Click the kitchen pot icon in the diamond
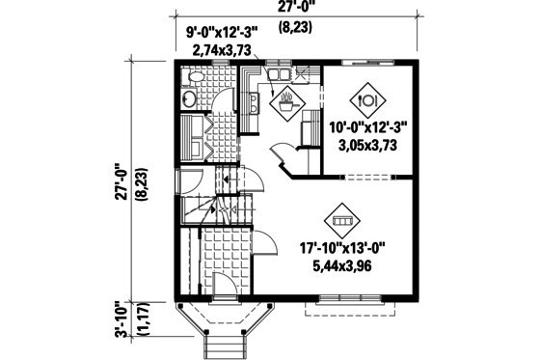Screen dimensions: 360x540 coord(287,97)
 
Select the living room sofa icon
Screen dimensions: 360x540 coord(341,221)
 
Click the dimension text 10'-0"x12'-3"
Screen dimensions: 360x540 coord(367,127)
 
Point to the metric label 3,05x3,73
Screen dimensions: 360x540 coord(367,145)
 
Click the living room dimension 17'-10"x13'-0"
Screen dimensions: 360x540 coord(342,247)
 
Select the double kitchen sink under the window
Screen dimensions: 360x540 coord(280,73)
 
